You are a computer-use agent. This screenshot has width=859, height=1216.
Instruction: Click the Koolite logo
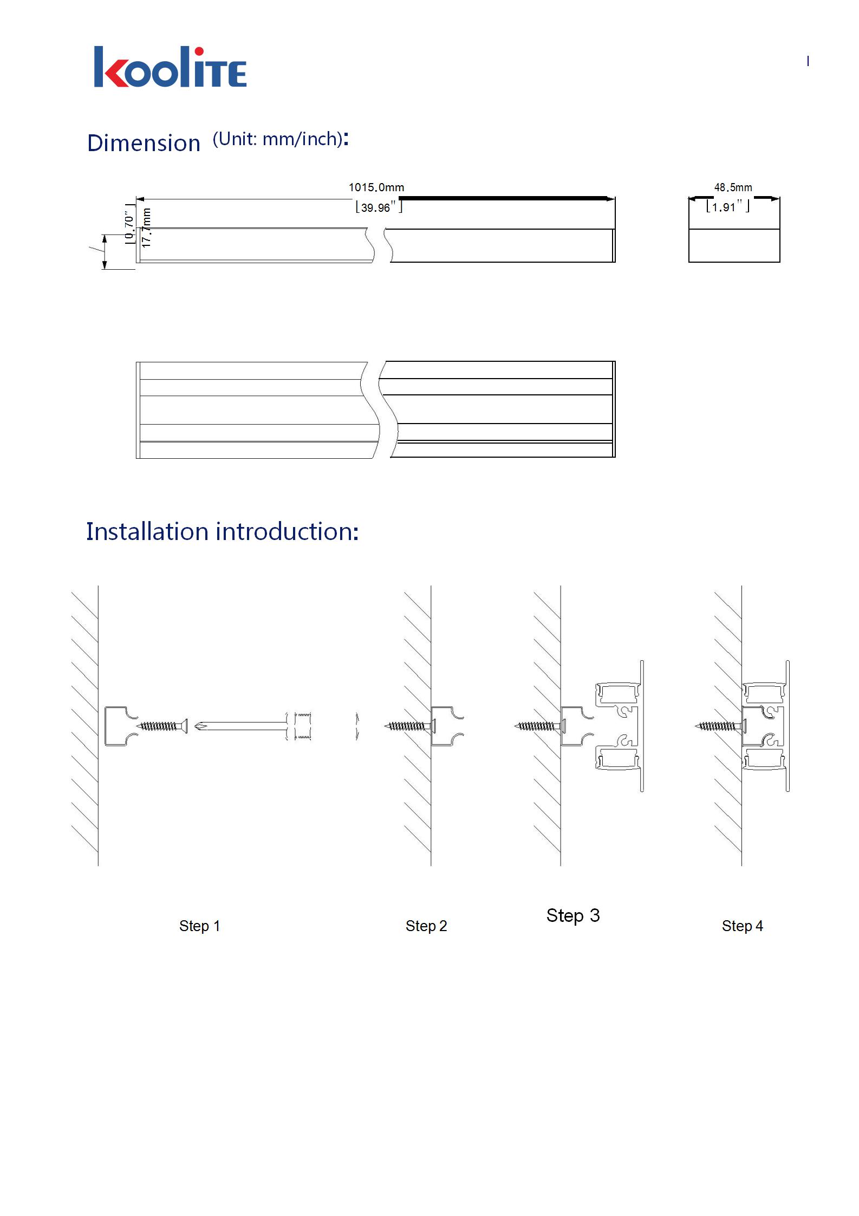170,67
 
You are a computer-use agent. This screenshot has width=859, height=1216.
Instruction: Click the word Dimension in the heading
144,143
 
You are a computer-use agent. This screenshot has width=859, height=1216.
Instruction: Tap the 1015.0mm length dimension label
376,187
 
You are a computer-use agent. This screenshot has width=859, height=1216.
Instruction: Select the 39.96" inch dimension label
379,207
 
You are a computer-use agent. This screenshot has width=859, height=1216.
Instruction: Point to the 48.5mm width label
733,187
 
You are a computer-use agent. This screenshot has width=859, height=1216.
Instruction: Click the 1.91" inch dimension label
727,207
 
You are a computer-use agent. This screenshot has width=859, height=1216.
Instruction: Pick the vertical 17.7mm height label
146,228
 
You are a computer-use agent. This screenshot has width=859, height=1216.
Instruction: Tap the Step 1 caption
199,926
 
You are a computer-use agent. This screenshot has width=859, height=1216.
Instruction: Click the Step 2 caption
426,926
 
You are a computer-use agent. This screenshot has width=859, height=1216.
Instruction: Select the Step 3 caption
573,915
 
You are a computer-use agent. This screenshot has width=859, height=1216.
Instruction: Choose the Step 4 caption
742,926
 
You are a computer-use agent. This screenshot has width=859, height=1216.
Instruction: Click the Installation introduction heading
222,531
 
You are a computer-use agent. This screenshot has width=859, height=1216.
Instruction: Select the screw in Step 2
409,726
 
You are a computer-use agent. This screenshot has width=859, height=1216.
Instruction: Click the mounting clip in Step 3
575,726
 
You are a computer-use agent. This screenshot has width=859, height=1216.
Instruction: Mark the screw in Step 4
719,726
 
